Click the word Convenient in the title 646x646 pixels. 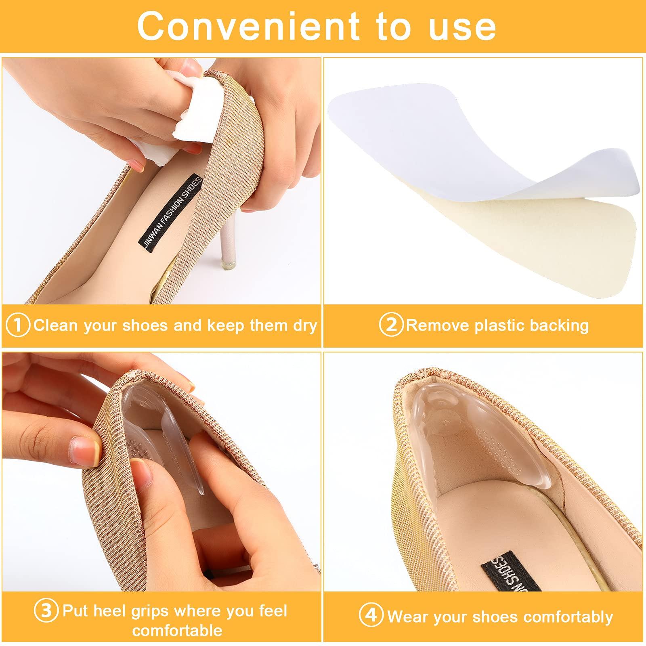click(247, 26)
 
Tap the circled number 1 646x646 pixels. click(18, 325)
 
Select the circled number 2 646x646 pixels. click(391, 325)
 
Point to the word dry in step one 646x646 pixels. click(305, 325)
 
